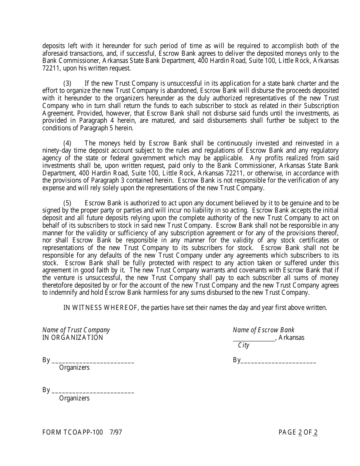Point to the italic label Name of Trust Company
pos(76,330)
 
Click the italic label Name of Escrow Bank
pos(263,330)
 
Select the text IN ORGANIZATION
pos(72,338)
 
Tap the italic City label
pos(243,345)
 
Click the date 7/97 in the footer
pos(116,432)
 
